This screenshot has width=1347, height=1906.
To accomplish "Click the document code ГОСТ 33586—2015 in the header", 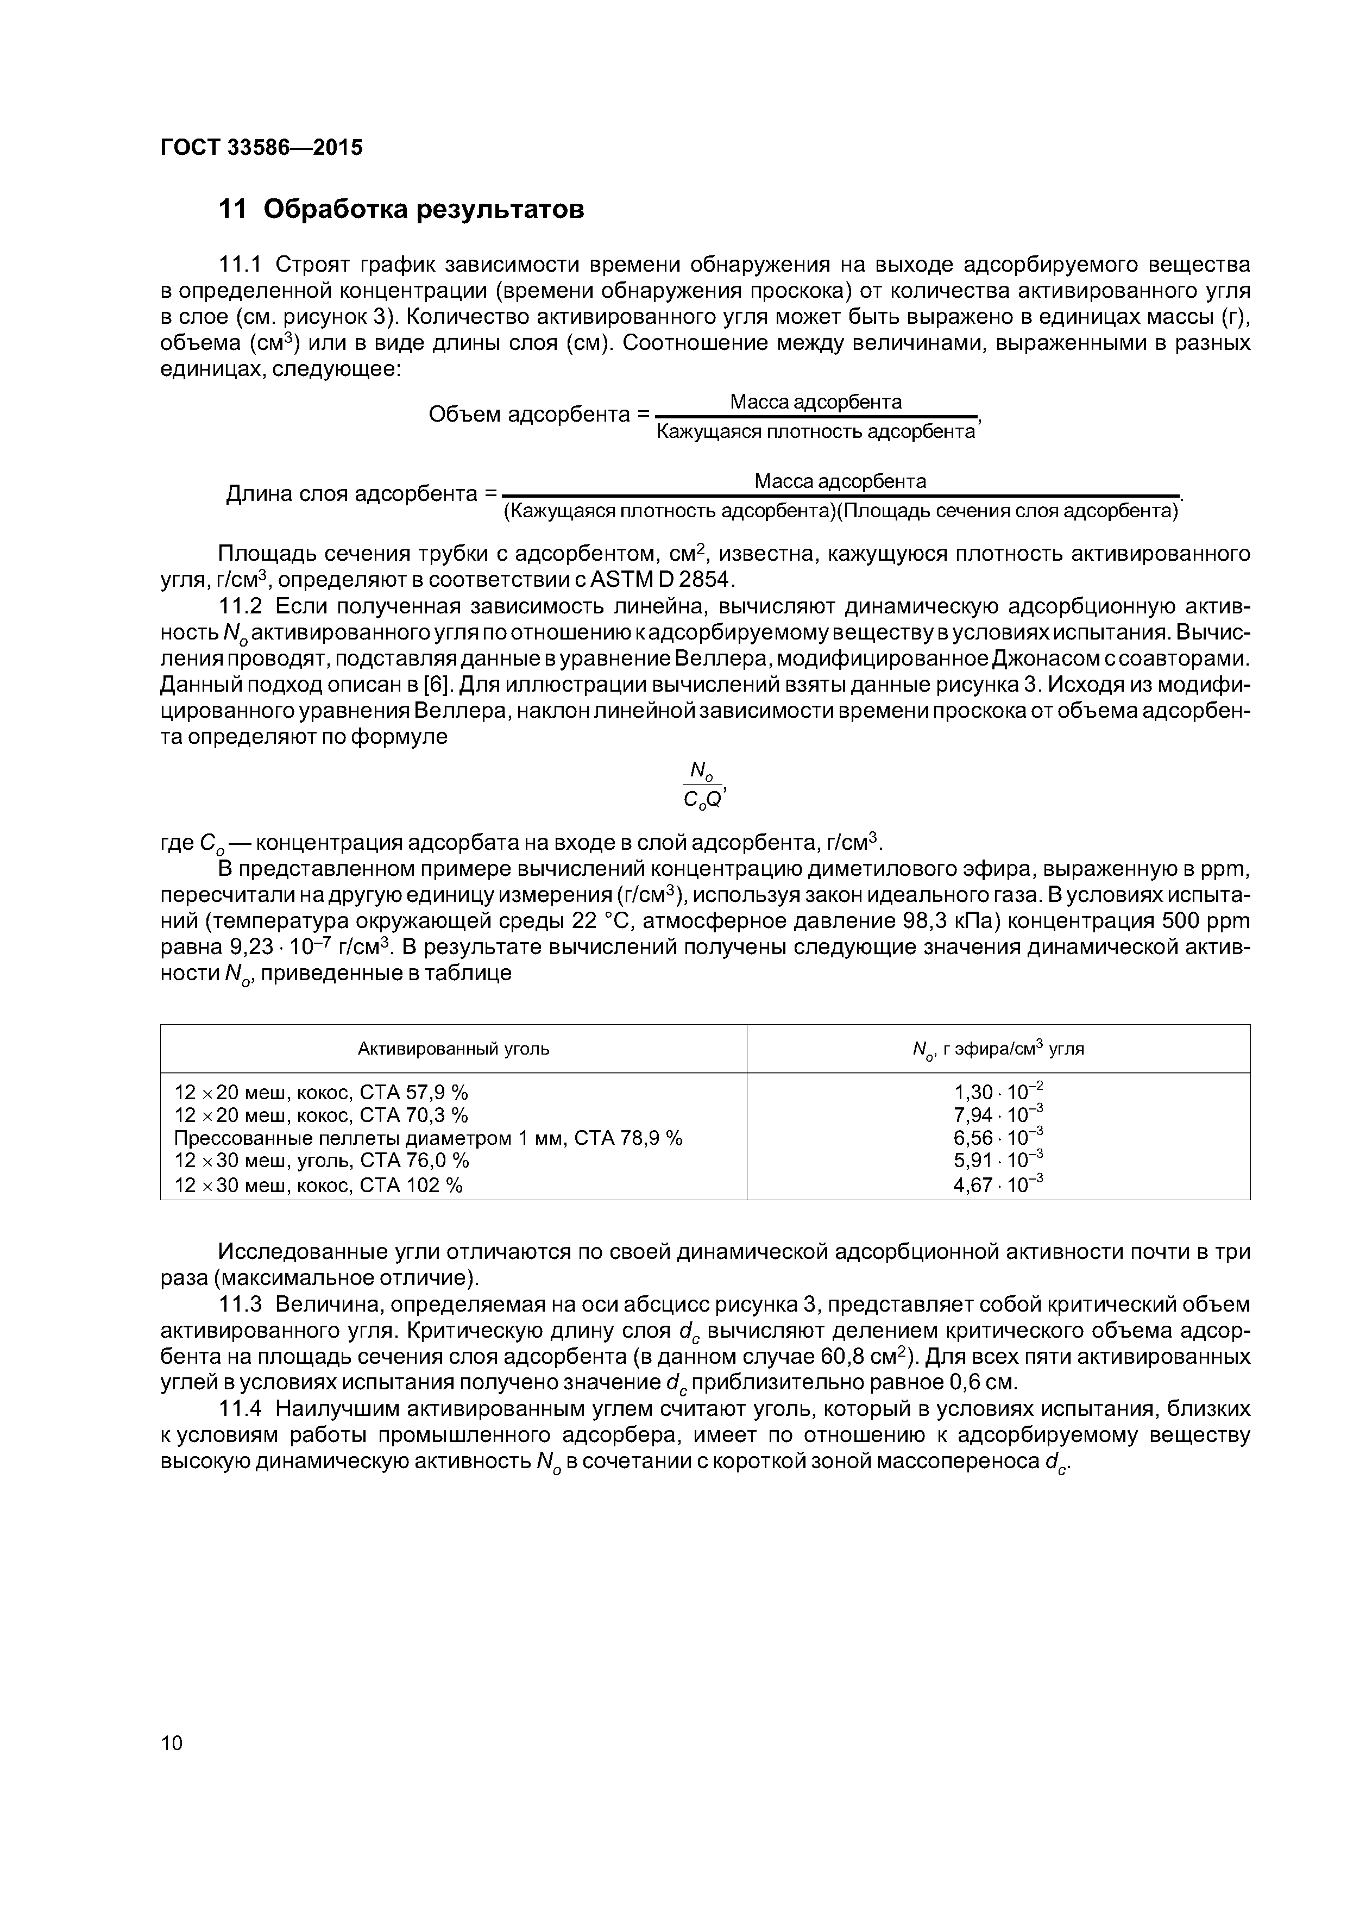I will (x=261, y=148).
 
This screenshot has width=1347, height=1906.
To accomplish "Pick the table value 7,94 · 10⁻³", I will (x=998, y=1114).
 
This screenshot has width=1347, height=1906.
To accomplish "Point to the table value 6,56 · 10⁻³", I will (x=998, y=1137).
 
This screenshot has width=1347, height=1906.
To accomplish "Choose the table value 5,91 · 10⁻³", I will (x=998, y=1159).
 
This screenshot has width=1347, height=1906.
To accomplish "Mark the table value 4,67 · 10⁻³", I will (x=998, y=1184).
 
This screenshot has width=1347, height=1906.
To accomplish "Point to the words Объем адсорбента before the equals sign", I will (x=528, y=414).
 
